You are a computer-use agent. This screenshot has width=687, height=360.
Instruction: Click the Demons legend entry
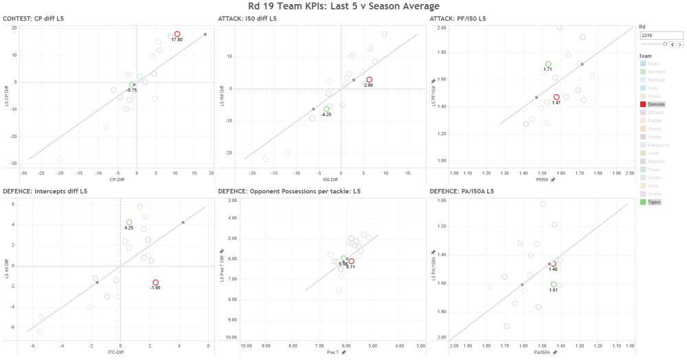pyautogui.click(x=653, y=104)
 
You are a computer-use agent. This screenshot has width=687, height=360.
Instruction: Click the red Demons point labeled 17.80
pyautogui.click(x=177, y=34)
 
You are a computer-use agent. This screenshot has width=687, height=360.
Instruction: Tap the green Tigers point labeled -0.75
pyautogui.click(x=132, y=85)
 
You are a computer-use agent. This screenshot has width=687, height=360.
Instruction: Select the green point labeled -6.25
pyautogui.click(x=327, y=109)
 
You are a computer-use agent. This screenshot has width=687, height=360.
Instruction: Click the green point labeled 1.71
pyautogui.click(x=548, y=64)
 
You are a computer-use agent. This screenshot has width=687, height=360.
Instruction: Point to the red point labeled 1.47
pyautogui.click(x=556, y=98)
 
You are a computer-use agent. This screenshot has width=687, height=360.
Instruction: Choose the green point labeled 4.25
pyautogui.click(x=129, y=222)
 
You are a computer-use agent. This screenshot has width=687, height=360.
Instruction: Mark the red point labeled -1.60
pyautogui.click(x=156, y=282)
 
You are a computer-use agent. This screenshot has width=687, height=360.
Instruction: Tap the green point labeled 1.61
pyautogui.click(x=554, y=284)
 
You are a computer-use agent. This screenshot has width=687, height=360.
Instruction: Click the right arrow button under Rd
pyautogui.click(x=680, y=43)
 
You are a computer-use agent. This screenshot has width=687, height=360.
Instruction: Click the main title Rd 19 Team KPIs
pyautogui.click(x=343, y=6)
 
